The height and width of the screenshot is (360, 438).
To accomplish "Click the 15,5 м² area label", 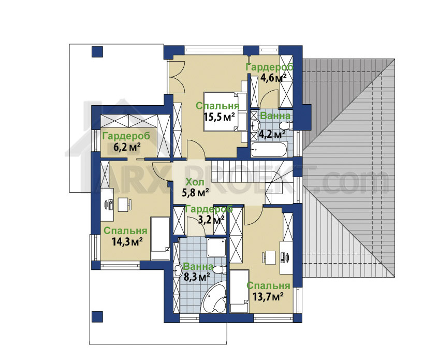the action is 218,117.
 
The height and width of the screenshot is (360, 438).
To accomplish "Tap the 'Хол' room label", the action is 195,182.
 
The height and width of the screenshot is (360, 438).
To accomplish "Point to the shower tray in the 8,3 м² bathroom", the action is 216,247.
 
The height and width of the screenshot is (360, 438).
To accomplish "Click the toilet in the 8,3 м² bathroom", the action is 221,270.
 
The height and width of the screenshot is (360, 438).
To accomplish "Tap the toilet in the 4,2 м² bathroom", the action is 286,126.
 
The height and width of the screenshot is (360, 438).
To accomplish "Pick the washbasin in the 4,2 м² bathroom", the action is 255,125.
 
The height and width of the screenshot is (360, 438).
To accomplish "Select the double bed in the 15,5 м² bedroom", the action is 225,111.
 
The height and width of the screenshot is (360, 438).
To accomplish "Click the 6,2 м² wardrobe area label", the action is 127,147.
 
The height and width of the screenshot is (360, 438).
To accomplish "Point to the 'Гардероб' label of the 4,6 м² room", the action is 270,67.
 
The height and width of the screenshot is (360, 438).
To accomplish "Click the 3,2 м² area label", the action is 211,220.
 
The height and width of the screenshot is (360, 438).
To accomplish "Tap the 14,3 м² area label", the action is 128,241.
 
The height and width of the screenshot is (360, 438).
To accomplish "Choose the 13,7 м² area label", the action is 268,296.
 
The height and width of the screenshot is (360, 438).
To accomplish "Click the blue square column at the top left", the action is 97,52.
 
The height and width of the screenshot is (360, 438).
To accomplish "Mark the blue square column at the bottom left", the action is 97,317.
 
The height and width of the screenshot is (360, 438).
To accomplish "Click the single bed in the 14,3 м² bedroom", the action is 160,238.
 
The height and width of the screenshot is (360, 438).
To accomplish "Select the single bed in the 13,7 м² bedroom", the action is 239,291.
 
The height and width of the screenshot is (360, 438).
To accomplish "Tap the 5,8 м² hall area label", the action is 196,193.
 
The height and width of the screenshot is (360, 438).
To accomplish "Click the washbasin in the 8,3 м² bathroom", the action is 178,270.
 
